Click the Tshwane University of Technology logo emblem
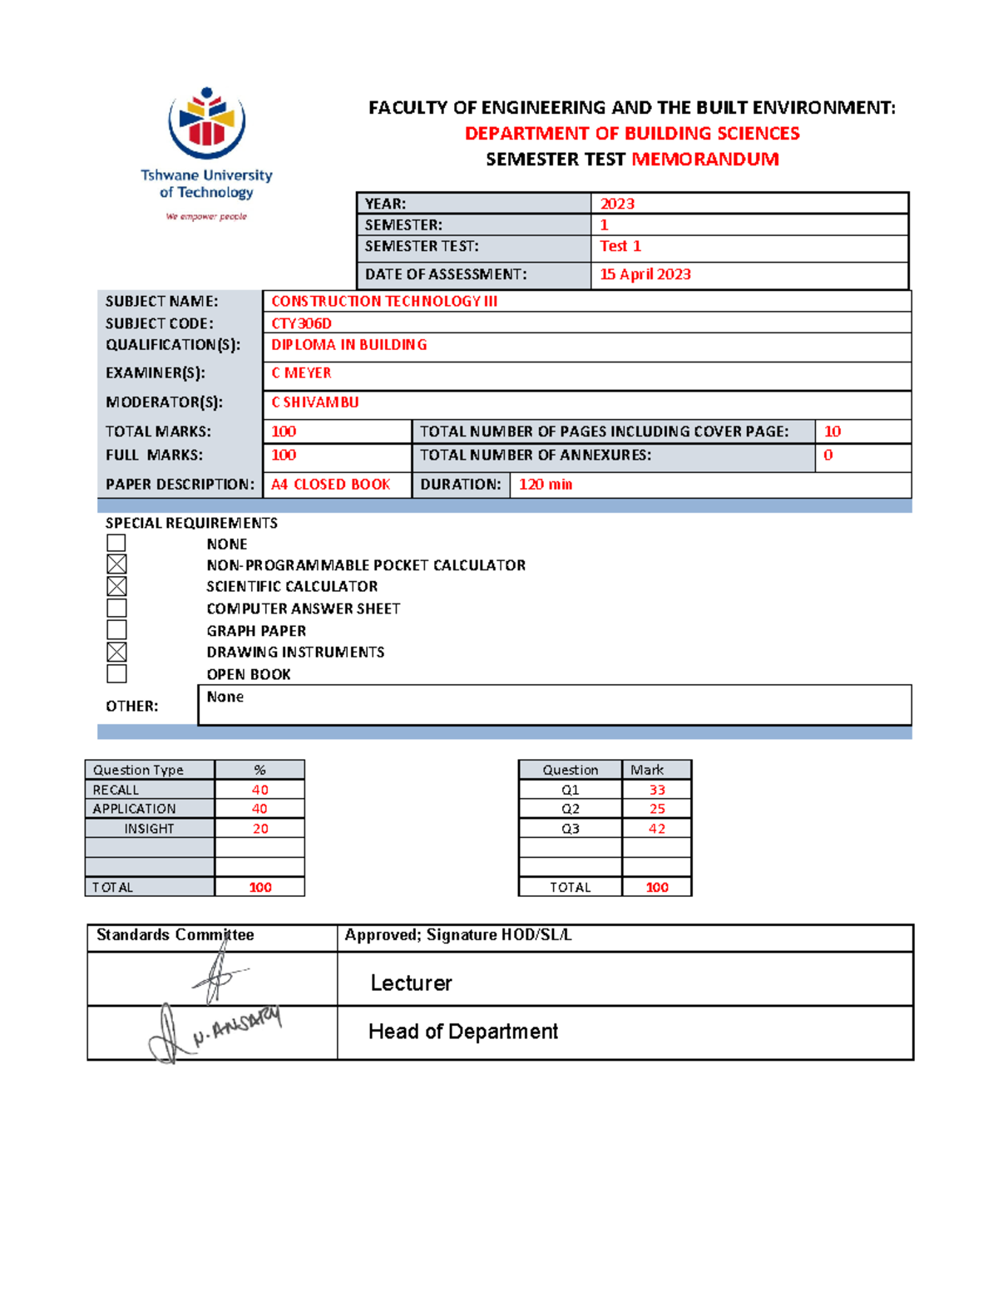tap(206, 123)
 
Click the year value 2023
tap(617, 204)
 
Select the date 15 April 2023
tap(645, 274)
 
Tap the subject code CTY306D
tap(301, 323)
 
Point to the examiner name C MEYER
tap(301, 373)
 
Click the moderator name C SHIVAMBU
tap(315, 402)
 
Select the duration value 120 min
tap(546, 485)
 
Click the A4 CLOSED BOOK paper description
tap(330, 485)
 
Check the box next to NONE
tap(116, 543)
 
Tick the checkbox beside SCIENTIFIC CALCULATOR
tap(116, 586)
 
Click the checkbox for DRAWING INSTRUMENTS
tap(116, 652)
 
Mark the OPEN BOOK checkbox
tap(116, 673)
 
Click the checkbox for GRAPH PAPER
tap(116, 629)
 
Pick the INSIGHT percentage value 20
tap(260, 829)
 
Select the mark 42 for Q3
tap(657, 829)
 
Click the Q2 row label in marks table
tap(571, 809)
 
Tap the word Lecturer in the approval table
tap(411, 983)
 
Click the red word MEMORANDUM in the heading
tap(705, 160)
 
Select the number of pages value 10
tap(832, 431)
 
